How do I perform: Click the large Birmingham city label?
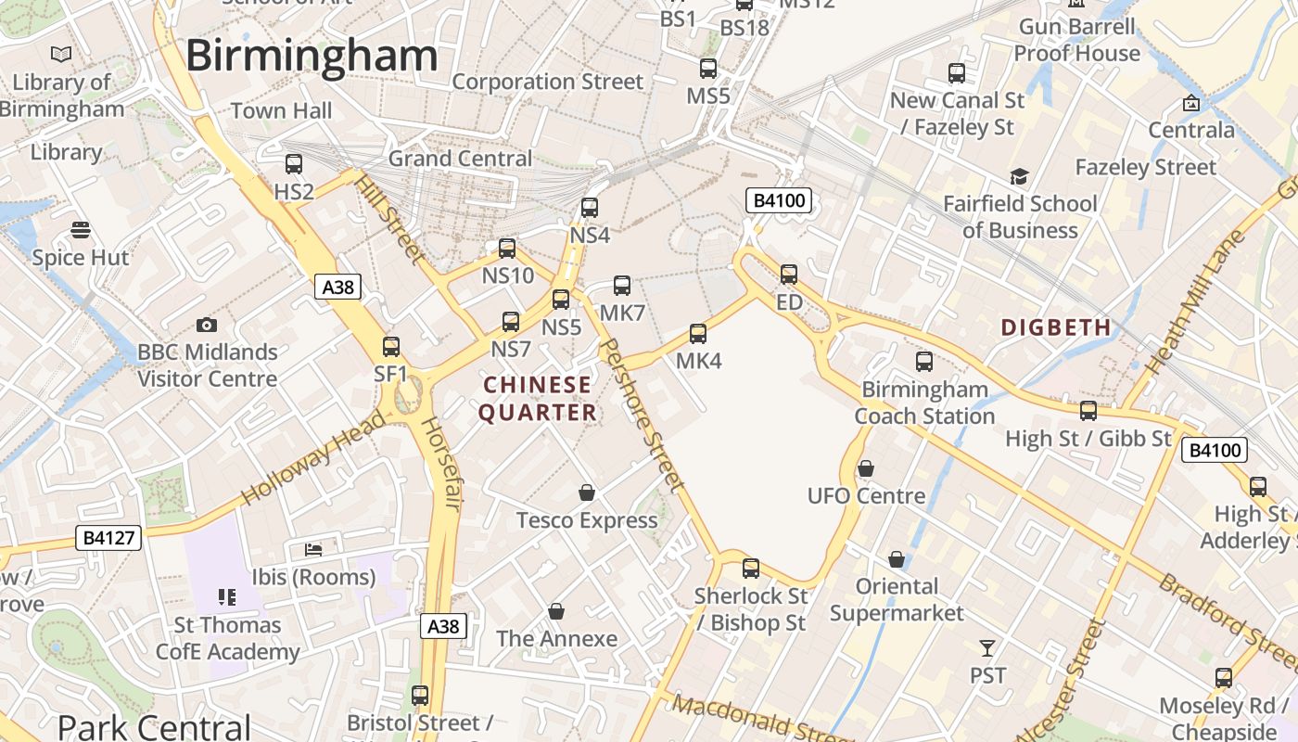tap(312, 56)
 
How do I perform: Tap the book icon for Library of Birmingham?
tap(61, 55)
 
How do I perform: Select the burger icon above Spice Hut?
tap(81, 229)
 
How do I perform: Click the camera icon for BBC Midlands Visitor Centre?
tap(207, 325)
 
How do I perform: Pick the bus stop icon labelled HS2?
tap(294, 164)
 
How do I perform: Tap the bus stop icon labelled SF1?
tap(391, 347)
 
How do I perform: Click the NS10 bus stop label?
tap(508, 275)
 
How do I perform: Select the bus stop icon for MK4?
tap(698, 334)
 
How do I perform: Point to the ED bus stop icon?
tap(789, 275)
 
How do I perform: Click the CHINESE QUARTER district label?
tap(538, 399)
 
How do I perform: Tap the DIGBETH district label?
tap(1056, 327)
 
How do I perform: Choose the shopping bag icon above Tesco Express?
tap(586, 493)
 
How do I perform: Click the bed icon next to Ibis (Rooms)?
tap(313, 550)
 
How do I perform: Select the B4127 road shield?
tap(108, 537)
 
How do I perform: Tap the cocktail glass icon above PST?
tap(987, 647)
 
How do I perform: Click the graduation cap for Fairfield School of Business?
tap(1019, 176)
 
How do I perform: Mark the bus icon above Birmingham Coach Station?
tap(924, 362)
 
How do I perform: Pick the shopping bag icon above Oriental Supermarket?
tap(897, 559)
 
